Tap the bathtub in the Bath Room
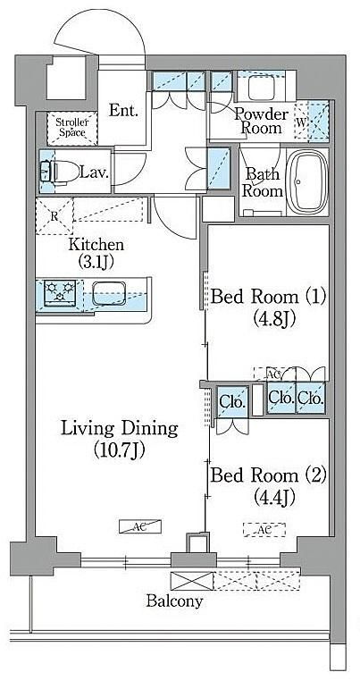click(x=307, y=181)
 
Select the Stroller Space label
click(x=72, y=127)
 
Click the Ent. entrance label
click(x=123, y=110)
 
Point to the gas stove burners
click(x=60, y=291)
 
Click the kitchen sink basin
click(x=109, y=292)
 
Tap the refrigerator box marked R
click(x=54, y=216)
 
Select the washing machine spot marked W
click(x=302, y=122)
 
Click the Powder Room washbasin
click(x=262, y=87)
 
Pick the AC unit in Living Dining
click(x=140, y=526)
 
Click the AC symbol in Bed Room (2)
click(x=264, y=530)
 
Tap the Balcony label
click(x=174, y=601)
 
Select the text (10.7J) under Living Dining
click(x=120, y=450)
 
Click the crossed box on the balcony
click(x=192, y=581)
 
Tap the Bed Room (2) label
click(x=268, y=475)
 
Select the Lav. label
click(x=94, y=172)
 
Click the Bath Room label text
click(x=262, y=182)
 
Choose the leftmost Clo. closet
click(x=232, y=401)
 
